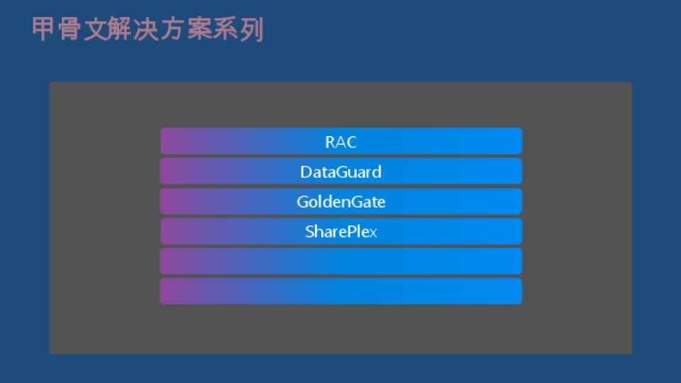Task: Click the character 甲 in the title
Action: coord(43,29)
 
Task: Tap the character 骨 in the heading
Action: coord(69,29)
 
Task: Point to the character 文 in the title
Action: coord(95,29)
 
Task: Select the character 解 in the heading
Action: coord(121,29)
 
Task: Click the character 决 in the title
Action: coord(147,29)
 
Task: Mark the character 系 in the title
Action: coord(226,29)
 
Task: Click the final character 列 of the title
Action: coord(251,29)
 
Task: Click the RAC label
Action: coord(341,142)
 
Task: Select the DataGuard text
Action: coord(341,172)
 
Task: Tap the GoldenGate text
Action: coord(341,202)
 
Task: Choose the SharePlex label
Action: coord(341,232)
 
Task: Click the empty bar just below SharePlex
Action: coord(341,262)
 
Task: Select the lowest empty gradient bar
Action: coord(341,292)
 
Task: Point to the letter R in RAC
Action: coord(330,142)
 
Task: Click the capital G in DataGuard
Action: coord(345,172)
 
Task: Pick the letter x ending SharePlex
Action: coord(373,233)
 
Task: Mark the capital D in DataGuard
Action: coord(306,172)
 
